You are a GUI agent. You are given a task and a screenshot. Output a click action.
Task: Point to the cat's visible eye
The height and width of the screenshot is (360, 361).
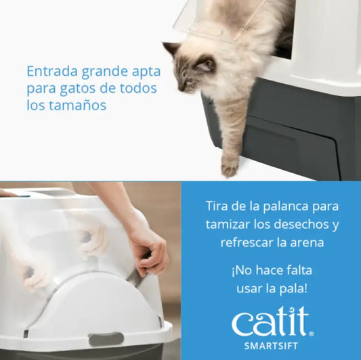(x=192, y=65)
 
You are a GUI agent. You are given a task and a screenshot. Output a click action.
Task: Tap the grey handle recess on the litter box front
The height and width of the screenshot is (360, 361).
(x=106, y=338)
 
